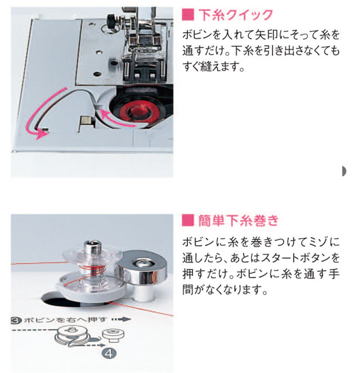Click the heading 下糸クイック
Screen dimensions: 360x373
tap(236, 15)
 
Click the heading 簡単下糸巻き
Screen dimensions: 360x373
tap(238, 221)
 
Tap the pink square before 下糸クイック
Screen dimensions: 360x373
tap(188, 15)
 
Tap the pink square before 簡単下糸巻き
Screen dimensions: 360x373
tap(188, 221)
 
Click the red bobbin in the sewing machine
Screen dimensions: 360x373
tap(137, 111)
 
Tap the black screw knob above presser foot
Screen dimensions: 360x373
tap(111, 19)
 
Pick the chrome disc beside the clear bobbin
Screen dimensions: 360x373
tap(141, 267)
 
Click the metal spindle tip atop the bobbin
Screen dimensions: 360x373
tap(93, 246)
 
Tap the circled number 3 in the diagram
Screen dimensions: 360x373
tap(16, 321)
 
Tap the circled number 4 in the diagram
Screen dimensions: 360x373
tap(109, 353)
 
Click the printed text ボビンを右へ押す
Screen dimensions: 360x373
tap(64, 320)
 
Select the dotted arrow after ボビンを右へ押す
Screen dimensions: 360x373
tap(121, 320)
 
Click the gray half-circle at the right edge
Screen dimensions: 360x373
tap(344, 171)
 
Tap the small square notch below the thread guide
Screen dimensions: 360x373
tap(85, 120)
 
